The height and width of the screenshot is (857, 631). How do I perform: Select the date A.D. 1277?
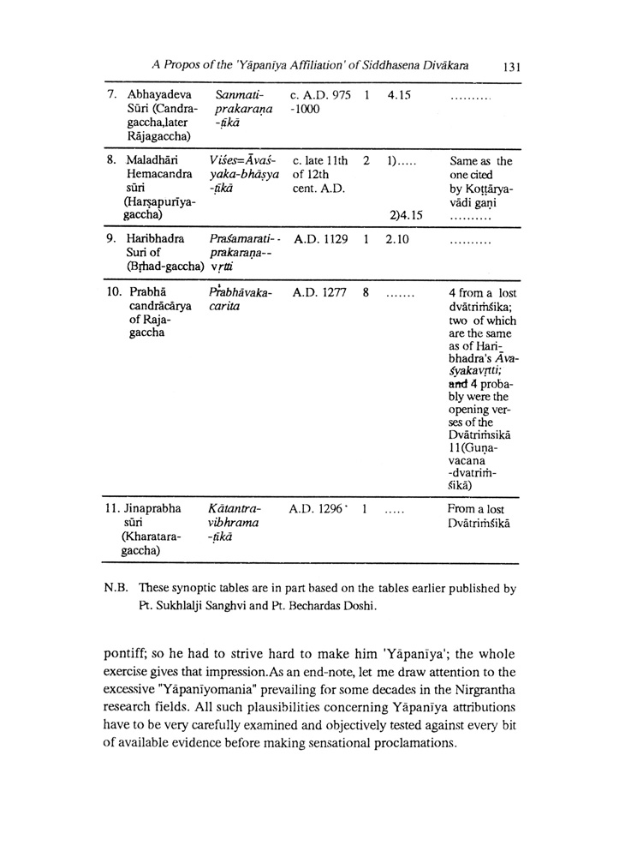(x=320, y=293)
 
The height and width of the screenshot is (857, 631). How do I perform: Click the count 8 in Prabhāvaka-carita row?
(x=366, y=293)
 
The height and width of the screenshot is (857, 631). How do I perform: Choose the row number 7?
(x=112, y=93)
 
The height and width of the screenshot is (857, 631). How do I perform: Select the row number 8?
(x=112, y=160)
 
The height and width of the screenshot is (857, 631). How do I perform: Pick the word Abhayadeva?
(x=159, y=93)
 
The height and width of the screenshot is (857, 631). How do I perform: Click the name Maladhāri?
(x=154, y=160)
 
